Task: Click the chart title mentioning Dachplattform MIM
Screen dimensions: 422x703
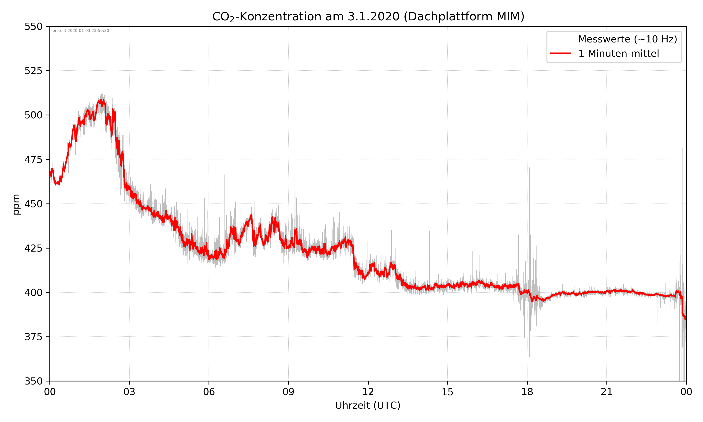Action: click(x=368, y=16)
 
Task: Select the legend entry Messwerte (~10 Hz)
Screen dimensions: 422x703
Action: click(x=627, y=39)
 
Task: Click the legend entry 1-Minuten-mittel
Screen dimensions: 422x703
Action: click(x=618, y=53)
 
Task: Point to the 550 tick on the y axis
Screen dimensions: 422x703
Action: click(x=33, y=26)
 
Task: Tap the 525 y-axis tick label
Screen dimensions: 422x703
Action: click(x=33, y=71)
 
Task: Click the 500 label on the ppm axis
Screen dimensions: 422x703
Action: click(x=33, y=115)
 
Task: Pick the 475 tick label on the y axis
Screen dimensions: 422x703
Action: click(x=33, y=159)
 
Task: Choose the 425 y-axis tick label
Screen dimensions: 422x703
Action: click(x=33, y=248)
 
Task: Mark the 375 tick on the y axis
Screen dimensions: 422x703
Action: click(x=33, y=337)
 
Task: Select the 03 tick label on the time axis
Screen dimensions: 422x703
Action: click(x=129, y=392)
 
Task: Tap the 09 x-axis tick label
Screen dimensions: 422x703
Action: click(x=288, y=392)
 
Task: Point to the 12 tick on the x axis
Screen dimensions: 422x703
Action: click(x=368, y=392)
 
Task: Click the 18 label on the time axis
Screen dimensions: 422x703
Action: click(x=527, y=392)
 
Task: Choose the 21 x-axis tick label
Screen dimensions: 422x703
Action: click(x=607, y=392)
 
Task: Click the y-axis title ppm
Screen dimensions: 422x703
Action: click(x=16, y=204)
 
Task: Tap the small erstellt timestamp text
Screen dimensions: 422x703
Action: click(x=81, y=31)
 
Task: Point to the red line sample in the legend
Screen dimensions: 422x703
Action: click(x=560, y=53)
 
